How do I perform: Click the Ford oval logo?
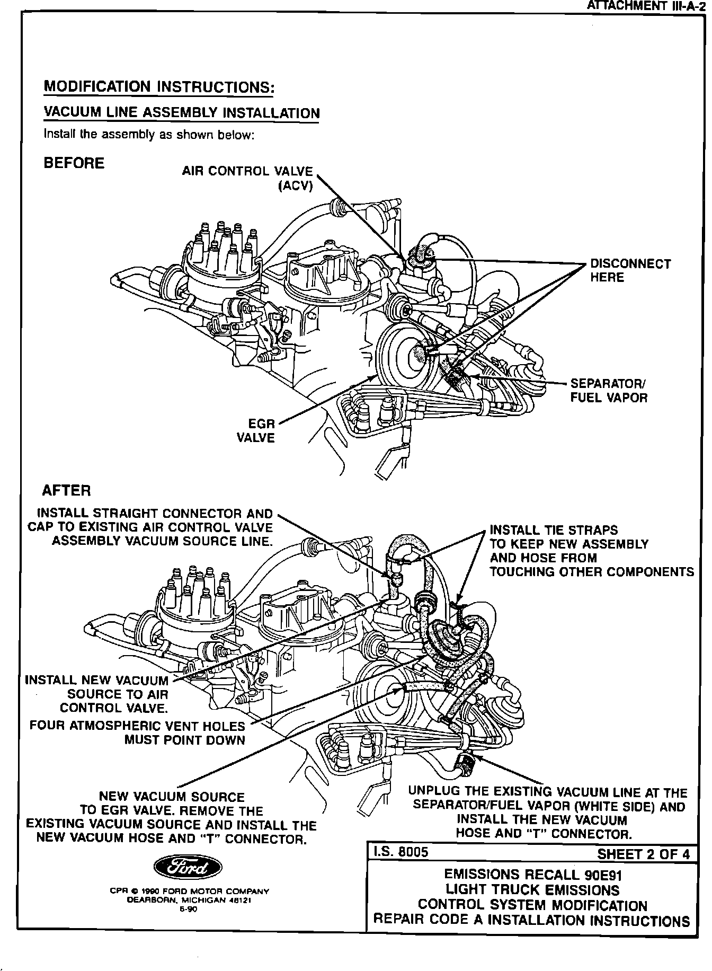[188, 867]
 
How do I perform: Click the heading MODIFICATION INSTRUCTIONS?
[158, 86]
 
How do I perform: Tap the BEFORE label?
[74, 163]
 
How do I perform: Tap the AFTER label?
[66, 490]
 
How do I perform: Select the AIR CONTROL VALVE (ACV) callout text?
[247, 178]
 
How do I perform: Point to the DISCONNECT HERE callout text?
[630, 270]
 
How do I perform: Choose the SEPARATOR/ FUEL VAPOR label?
[608, 391]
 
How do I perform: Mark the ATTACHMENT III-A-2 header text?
[646, 6]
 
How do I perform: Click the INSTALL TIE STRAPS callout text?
[553, 530]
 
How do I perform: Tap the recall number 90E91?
[596, 874]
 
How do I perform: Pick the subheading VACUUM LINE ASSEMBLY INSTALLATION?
[181, 113]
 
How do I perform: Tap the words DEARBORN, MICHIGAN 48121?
[189, 900]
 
